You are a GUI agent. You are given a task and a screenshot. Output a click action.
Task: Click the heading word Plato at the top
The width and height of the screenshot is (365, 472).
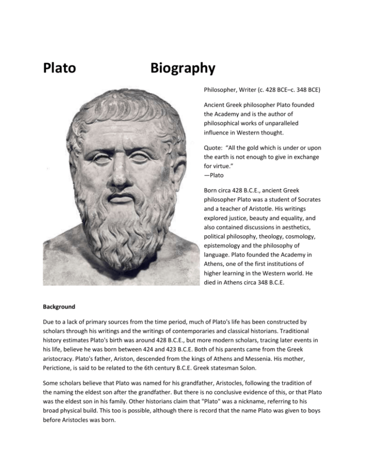[59, 68]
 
